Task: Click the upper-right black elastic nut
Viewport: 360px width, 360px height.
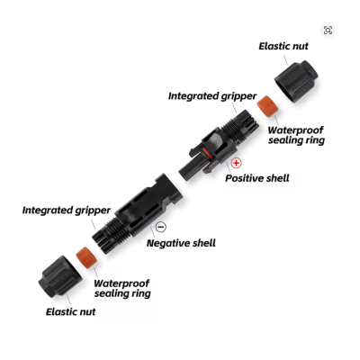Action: tap(296, 81)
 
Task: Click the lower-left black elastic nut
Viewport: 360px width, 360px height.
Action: tap(59, 277)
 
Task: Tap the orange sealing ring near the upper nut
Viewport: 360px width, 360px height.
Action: tap(267, 106)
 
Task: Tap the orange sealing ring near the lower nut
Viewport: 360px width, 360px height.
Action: tap(86, 256)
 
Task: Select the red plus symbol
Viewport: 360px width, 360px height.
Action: tap(237, 163)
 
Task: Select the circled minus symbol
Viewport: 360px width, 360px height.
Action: tap(161, 227)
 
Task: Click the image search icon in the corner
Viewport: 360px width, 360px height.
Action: tap(328, 31)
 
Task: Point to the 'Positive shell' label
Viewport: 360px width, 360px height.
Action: tap(257, 178)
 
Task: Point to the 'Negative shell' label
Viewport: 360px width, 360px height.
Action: tap(181, 243)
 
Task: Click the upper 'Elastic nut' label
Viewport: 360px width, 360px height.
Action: tap(283, 46)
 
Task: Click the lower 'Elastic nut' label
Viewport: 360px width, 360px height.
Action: tap(70, 311)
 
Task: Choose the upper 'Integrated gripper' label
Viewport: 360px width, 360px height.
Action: tap(212, 96)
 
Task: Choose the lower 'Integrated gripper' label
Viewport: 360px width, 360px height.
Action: tap(67, 210)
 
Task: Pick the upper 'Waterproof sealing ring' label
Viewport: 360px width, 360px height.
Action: tap(296, 135)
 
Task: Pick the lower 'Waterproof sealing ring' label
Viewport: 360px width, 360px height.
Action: tap(122, 288)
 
